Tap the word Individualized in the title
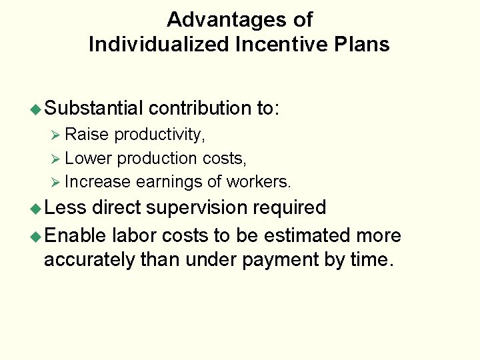[x=151, y=45]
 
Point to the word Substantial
[x=96, y=108]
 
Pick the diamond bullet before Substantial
[x=38, y=109]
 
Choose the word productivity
[x=159, y=135]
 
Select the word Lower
[x=89, y=158]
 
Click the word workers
[x=259, y=181]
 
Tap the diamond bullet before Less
[x=38, y=209]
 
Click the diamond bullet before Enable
[x=38, y=237]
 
